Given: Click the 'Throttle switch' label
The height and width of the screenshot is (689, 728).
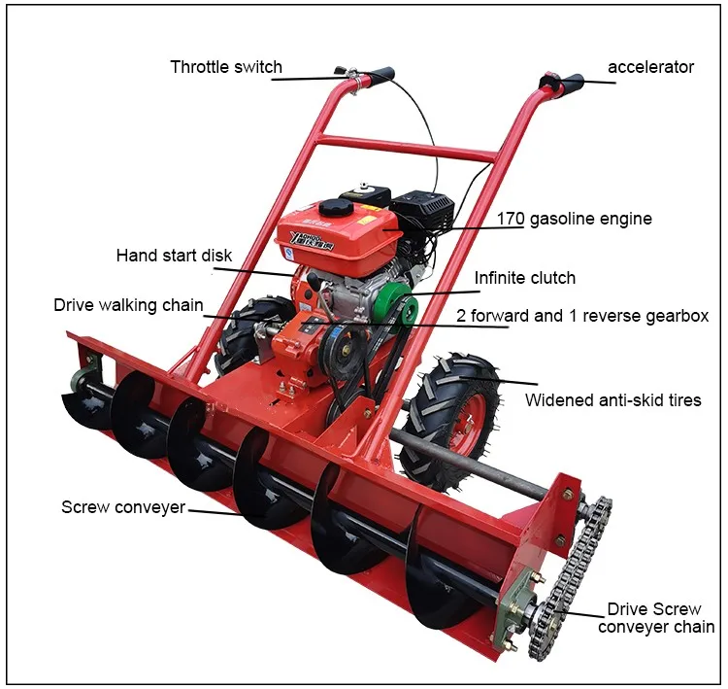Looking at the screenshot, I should tap(226, 67).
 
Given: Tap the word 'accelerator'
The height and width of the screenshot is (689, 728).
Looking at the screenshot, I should tap(650, 67).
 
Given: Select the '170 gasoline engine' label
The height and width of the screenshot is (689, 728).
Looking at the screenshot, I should tap(575, 219).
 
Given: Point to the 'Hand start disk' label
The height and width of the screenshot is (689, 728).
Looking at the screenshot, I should tap(174, 256).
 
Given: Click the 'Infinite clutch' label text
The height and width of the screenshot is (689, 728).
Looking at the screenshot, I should tap(524, 278).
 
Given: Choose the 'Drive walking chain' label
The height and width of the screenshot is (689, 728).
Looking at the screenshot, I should tap(128, 305).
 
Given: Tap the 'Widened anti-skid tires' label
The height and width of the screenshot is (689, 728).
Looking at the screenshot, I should tap(612, 399).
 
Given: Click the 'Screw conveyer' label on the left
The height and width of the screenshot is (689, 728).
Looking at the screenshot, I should tap(122, 507).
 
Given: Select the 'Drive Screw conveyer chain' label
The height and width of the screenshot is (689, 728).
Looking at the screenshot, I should tap(655, 618).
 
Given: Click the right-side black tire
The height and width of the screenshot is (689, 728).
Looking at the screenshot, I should tap(451, 418).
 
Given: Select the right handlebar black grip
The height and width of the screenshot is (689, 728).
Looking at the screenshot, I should tap(570, 84).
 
